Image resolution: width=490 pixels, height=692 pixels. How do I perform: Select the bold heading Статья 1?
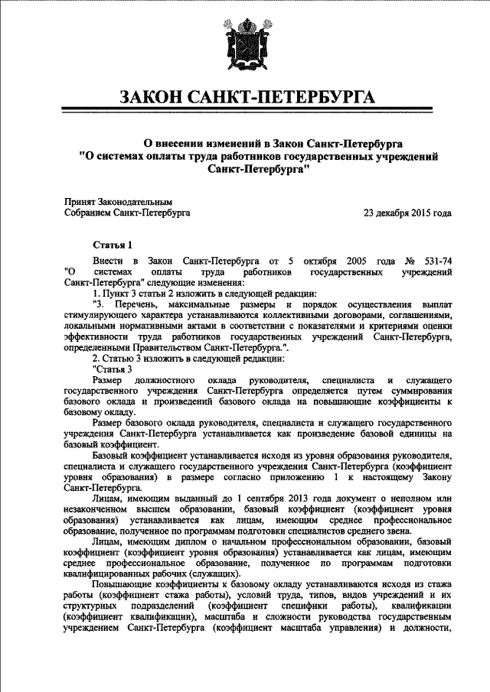(113, 245)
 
